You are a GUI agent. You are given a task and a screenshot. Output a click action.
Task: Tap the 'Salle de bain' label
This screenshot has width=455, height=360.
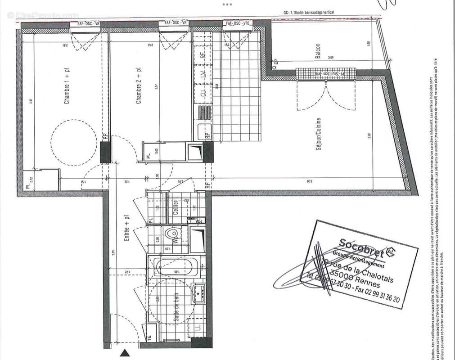[x=173, y=306]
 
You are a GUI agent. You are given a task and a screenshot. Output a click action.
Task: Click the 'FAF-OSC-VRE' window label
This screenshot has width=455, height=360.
[x=238, y=23]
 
